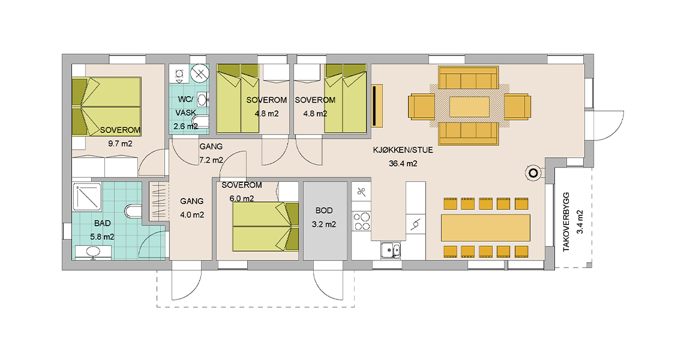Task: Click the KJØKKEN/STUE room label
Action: [x=403, y=151]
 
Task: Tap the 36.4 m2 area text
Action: [x=403, y=163]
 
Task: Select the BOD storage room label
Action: [x=324, y=211]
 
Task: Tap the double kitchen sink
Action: [x=390, y=249]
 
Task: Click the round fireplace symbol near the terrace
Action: [x=532, y=173]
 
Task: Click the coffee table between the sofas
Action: [x=469, y=106]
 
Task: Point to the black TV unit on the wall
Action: [x=377, y=106]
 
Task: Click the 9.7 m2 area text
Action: [x=120, y=143]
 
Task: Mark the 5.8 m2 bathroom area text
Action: [x=103, y=237]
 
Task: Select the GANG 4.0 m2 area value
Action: [x=192, y=214]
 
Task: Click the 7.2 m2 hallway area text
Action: [x=211, y=160]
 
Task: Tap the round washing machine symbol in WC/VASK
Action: [x=199, y=74]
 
